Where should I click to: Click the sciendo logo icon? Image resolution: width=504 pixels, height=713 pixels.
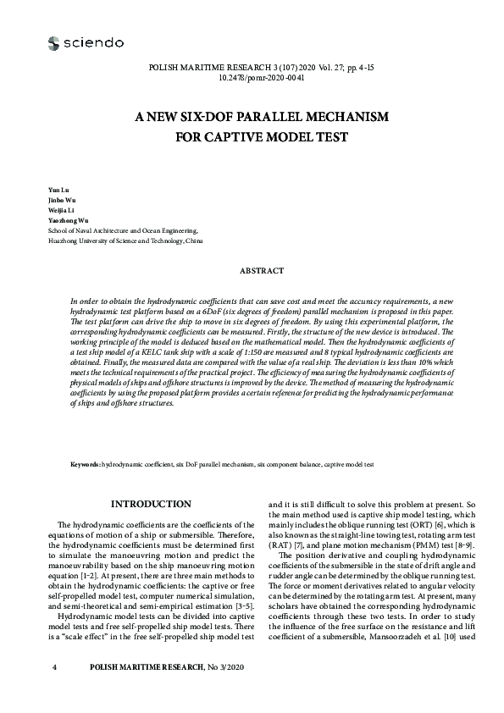pyautogui.click(x=54, y=42)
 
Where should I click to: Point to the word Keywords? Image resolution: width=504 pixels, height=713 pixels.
pyautogui.click(x=85, y=465)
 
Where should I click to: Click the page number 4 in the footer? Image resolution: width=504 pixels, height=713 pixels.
pyautogui.click(x=54, y=668)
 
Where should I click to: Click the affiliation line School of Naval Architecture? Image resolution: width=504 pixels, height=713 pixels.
pyautogui.click(x=123, y=229)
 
